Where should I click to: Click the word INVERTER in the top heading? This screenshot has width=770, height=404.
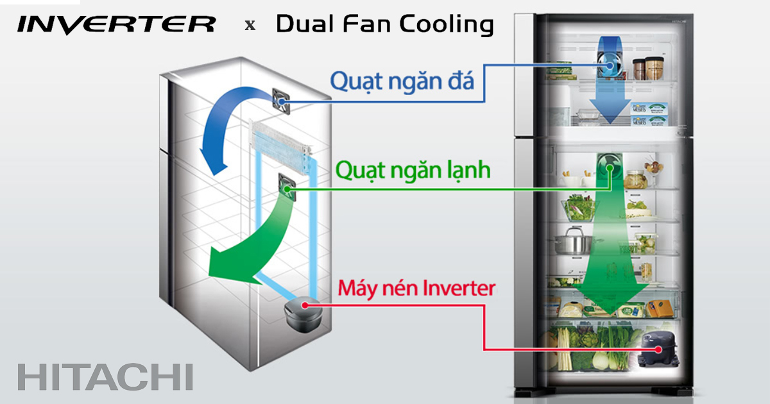pyautogui.click(x=116, y=25)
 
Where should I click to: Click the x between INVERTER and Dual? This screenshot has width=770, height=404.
pyautogui.click(x=250, y=26)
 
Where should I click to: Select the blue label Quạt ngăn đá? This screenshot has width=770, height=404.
pyautogui.click(x=402, y=81)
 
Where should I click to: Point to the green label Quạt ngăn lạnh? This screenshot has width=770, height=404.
pyautogui.click(x=413, y=170)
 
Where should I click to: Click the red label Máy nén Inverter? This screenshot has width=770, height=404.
pyautogui.click(x=416, y=289)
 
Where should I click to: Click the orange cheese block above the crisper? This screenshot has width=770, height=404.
pyautogui.click(x=658, y=309)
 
